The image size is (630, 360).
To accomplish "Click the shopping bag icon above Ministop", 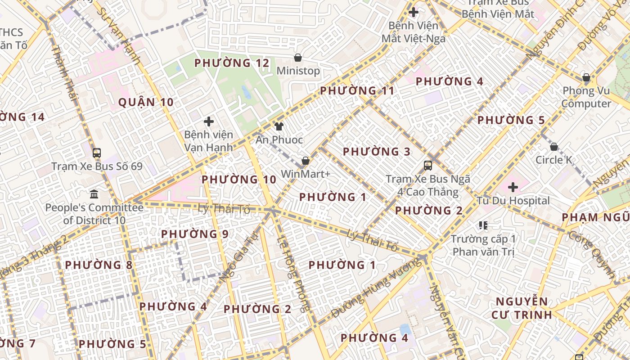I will click(x=297, y=58).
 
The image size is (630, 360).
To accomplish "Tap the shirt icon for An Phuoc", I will click(x=279, y=126).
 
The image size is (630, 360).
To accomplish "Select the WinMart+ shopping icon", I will click(x=306, y=161).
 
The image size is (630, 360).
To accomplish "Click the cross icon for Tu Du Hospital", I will click(x=513, y=187).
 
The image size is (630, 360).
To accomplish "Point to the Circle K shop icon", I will click(x=554, y=147).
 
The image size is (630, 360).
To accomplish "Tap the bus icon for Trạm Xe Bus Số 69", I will click(x=97, y=153).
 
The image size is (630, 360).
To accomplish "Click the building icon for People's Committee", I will click(x=94, y=194).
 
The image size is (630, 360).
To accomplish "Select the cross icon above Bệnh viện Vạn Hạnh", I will click(x=209, y=121).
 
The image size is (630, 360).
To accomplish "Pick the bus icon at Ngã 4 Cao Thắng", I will click(x=428, y=165).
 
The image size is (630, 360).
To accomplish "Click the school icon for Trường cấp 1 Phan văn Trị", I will click(x=483, y=225).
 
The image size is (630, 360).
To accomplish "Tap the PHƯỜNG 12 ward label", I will click(x=232, y=63).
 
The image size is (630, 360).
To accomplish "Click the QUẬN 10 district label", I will click(x=146, y=102).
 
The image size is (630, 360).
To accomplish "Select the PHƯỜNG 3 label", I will click(x=377, y=152).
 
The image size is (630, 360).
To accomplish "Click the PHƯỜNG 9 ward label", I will click(x=195, y=234).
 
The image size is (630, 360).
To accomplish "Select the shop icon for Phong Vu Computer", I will click(x=586, y=77).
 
